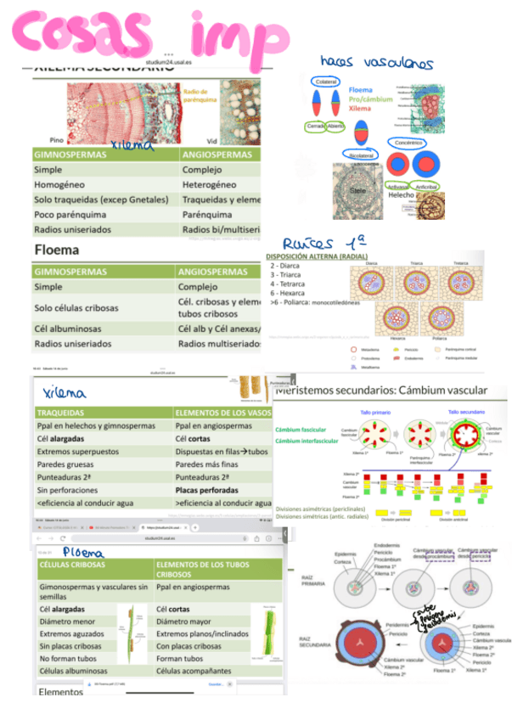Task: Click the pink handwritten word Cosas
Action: click(x=81, y=32)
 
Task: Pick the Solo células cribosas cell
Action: click(x=76, y=307)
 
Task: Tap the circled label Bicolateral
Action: click(x=361, y=156)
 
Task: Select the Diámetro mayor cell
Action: click(x=184, y=621)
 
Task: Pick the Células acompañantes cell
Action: click(x=192, y=671)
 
